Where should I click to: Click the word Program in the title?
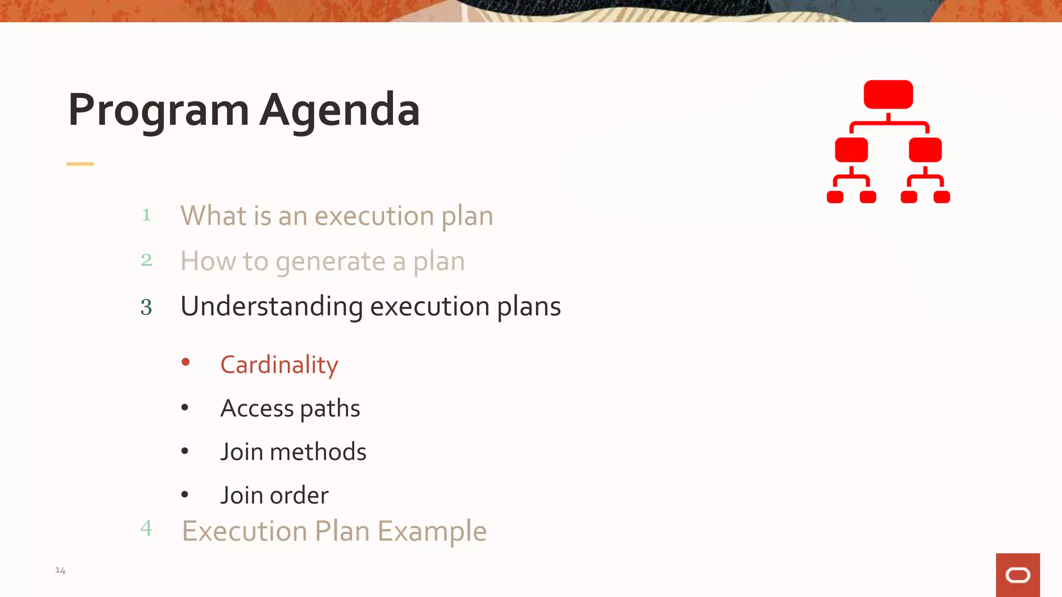[158, 110]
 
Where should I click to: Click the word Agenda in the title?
[340, 110]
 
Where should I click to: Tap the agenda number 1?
[146, 215]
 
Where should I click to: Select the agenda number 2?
[146, 260]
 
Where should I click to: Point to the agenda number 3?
[146, 307]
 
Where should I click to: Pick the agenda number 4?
[146, 528]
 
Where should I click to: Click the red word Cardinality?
[279, 365]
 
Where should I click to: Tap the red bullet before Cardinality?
[185, 362]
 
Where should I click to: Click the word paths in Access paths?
[330, 409]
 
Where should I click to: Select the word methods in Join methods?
[318, 452]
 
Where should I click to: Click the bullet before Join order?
[185, 495]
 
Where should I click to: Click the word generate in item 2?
[330, 262]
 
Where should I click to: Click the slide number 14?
[60, 571]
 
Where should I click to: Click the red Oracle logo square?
[1017, 575]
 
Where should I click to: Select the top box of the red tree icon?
[888, 94]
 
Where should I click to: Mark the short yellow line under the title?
[80, 164]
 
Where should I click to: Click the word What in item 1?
[213, 216]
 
